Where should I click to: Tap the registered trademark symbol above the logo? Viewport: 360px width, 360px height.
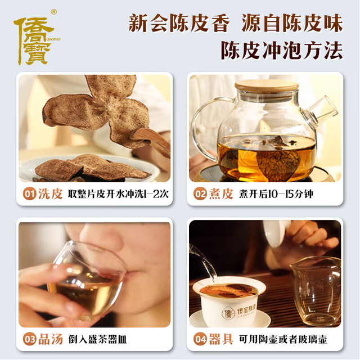(x=54, y=12)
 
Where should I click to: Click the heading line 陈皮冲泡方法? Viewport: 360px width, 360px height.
(x=282, y=51)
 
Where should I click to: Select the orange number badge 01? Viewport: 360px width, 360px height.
(x=30, y=194)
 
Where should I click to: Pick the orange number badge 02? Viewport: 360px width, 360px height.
(x=200, y=194)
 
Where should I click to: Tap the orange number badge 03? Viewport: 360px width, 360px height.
(x=30, y=339)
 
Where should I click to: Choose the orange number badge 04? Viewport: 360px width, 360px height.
(x=200, y=339)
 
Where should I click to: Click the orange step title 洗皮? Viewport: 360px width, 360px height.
(x=50, y=194)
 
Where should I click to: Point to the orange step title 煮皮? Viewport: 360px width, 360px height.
(x=221, y=194)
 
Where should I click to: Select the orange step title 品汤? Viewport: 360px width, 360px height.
(x=50, y=339)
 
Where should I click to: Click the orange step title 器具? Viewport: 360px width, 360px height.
(x=221, y=339)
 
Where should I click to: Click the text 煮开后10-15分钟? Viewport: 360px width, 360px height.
(x=276, y=194)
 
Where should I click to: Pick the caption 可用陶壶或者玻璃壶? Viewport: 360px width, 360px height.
(x=283, y=339)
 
